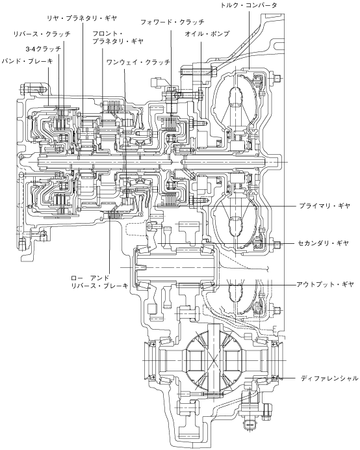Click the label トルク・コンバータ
point(248,5)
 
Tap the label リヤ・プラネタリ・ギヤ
point(83,18)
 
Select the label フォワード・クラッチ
point(172,22)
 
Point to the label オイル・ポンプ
point(207,34)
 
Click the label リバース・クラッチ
point(42,34)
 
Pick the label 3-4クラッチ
point(44,49)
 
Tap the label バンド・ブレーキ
point(27,61)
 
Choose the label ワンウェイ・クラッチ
point(138,62)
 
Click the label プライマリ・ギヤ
point(325,205)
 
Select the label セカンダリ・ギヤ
point(323,243)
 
